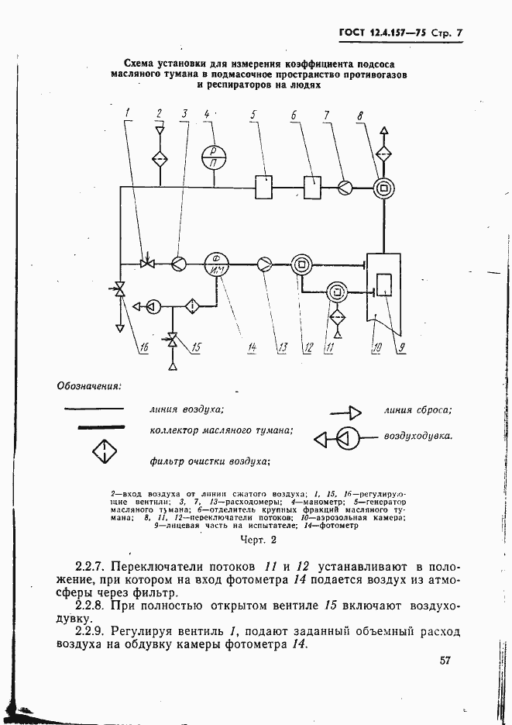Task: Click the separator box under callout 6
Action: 313,186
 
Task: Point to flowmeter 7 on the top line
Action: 345,186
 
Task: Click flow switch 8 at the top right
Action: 382,186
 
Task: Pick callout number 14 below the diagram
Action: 252,348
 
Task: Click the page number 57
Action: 445,661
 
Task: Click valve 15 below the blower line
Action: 172,340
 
